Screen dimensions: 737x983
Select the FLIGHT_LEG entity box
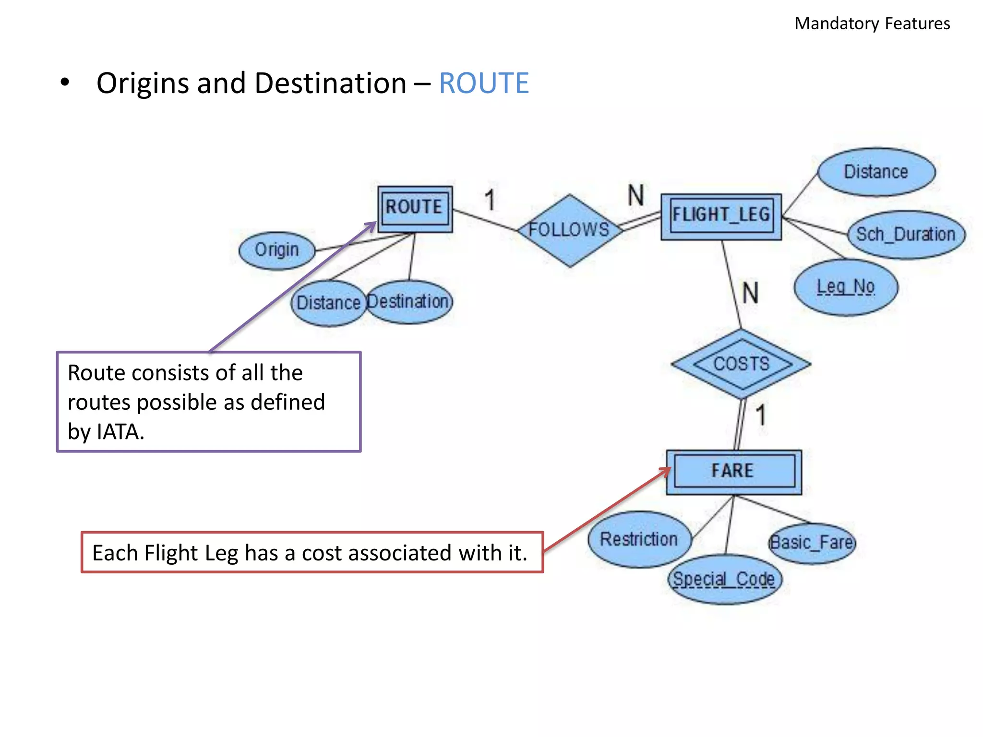pos(721,216)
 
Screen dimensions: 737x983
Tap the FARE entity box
pos(733,472)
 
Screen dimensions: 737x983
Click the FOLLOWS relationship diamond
pos(569,230)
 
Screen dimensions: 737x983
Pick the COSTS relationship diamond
pos(741,364)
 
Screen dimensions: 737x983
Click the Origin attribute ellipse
pos(276,250)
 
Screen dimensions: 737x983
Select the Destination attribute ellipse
pos(409,302)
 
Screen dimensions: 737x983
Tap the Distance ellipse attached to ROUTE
pos(328,303)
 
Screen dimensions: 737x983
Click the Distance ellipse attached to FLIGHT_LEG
pos(876,172)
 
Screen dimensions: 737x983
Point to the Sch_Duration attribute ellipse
pos(906,235)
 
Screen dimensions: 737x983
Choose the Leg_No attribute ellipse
pos(846,287)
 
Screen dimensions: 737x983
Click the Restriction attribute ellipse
pos(639,539)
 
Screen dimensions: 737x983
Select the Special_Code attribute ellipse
pos(724,579)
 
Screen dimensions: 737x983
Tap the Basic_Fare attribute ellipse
pos(812,543)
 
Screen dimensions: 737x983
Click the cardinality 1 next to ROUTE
pos(490,200)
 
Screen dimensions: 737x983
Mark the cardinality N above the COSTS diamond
pos(751,293)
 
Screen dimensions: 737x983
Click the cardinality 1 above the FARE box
pos(761,415)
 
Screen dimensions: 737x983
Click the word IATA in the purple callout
pos(120,432)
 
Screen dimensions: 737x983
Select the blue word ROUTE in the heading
pos(483,83)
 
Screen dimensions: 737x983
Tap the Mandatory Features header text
pos(872,24)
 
